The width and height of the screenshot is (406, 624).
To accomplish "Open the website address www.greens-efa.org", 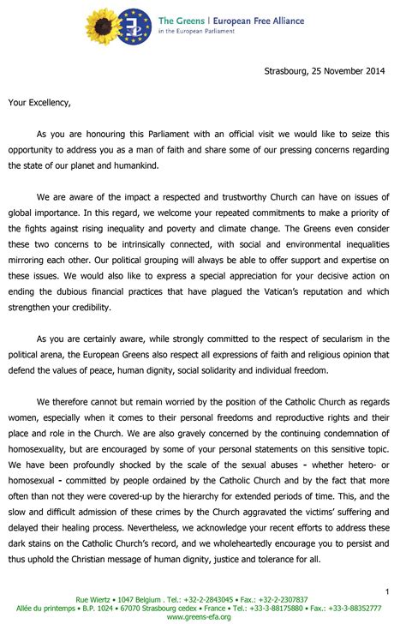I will pyautogui.click(x=203, y=616).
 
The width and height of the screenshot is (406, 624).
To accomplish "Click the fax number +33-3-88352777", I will pyautogui.click(x=357, y=607).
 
